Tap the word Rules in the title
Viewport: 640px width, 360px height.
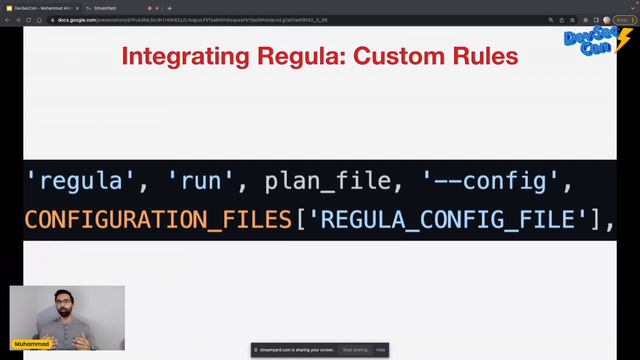click(484, 56)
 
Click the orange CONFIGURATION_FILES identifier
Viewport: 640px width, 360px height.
click(158, 218)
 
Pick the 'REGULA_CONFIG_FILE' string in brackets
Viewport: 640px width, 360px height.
click(449, 218)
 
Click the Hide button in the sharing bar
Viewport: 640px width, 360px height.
click(381, 350)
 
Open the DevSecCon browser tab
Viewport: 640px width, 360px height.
click(40, 7)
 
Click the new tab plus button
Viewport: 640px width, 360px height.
click(169, 7)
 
